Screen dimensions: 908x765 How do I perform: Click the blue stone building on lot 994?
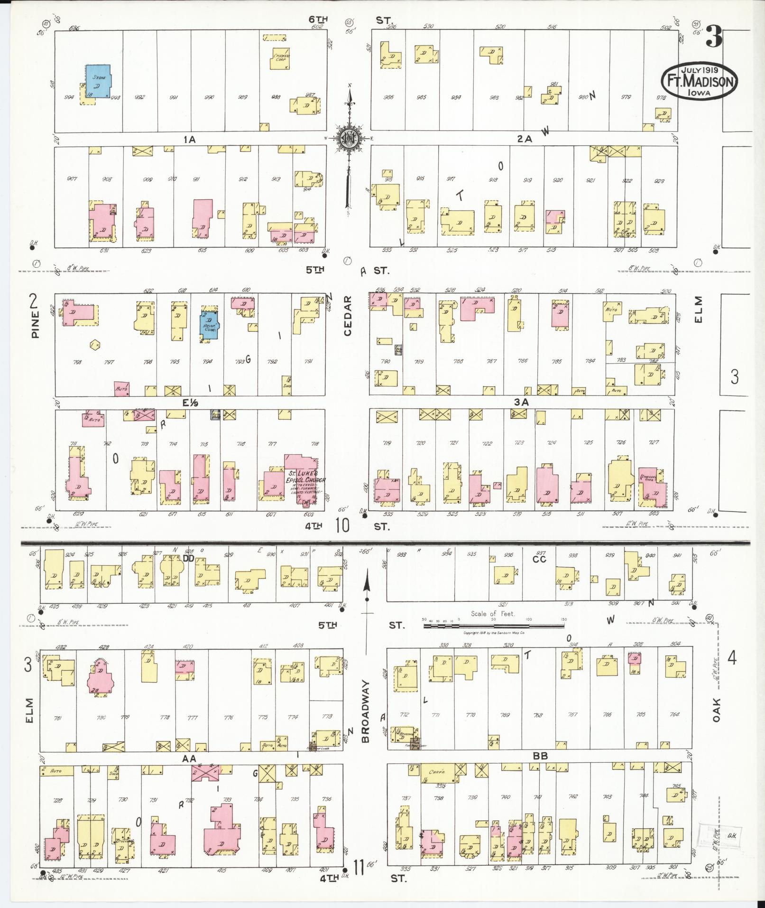(98, 81)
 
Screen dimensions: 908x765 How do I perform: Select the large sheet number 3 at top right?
(713, 36)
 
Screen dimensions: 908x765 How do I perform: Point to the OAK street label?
(716, 710)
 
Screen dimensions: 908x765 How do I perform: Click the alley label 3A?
(521, 402)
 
